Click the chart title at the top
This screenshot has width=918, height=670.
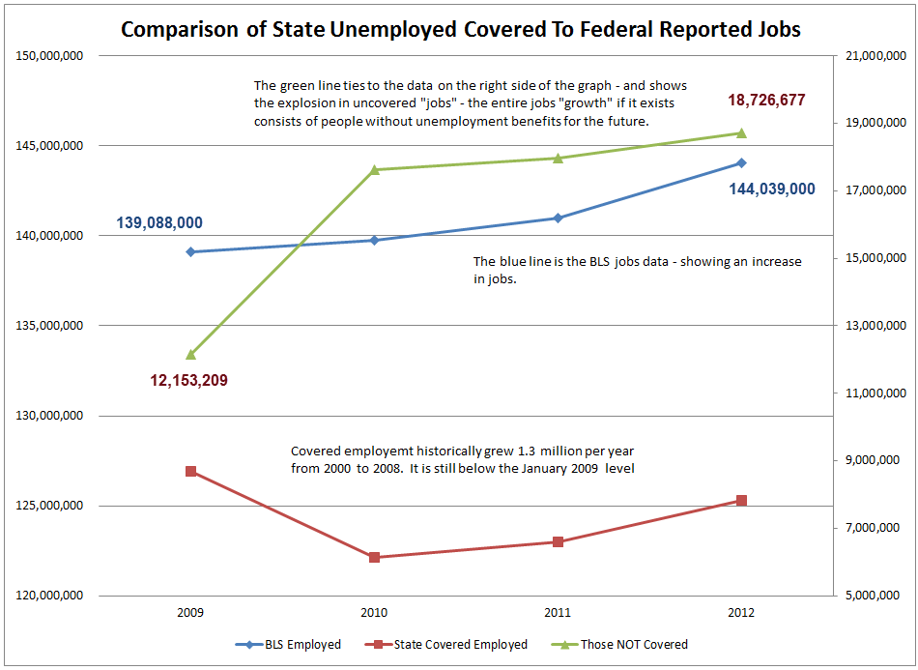tap(460, 29)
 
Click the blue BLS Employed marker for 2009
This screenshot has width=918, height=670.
tap(190, 251)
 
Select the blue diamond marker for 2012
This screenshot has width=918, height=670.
tap(742, 162)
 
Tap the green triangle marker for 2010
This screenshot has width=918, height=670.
tap(374, 169)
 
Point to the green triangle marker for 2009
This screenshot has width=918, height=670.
tap(190, 355)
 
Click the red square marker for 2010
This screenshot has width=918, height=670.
tap(374, 557)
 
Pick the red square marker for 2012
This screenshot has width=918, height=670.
tap(742, 500)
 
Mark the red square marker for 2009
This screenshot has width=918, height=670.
tap(190, 471)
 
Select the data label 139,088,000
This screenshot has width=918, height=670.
tap(159, 222)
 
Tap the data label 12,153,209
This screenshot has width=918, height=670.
tap(188, 380)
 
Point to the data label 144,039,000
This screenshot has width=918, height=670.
tap(772, 189)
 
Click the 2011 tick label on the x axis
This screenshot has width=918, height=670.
tap(558, 613)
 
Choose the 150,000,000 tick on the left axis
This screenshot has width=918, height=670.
tap(50, 56)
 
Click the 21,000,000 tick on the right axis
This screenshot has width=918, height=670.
tap(873, 56)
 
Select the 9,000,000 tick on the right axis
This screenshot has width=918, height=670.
tap(873, 460)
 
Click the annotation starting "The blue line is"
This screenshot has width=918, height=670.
tap(637, 270)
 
